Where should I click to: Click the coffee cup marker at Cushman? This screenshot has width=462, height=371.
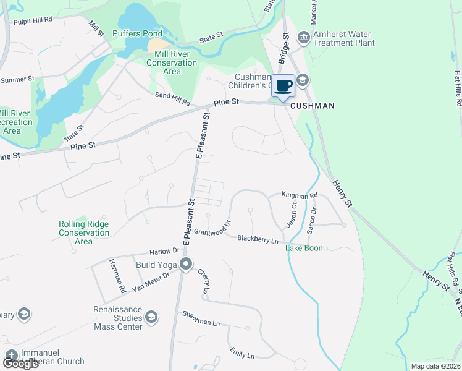(x=283, y=86)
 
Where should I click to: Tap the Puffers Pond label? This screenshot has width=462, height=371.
(x=138, y=33)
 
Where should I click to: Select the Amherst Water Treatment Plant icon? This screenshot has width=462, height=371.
(x=304, y=38)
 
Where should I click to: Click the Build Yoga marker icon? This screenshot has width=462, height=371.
(x=186, y=265)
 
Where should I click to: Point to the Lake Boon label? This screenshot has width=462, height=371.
(x=304, y=248)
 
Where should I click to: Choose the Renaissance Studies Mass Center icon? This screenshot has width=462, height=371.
(x=152, y=317)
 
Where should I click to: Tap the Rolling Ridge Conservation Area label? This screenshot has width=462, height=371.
(x=84, y=232)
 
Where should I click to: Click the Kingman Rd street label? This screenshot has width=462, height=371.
(x=300, y=195)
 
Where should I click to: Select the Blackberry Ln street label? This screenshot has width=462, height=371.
(x=258, y=238)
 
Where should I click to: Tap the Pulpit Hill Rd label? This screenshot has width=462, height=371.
(x=33, y=20)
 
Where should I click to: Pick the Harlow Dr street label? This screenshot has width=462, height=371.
(x=164, y=252)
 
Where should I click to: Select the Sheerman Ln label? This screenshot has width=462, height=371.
(x=201, y=318)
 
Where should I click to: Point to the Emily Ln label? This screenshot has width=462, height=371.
(x=241, y=355)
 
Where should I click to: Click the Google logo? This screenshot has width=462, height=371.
(x=20, y=364)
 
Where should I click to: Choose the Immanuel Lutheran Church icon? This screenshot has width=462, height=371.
(x=11, y=356)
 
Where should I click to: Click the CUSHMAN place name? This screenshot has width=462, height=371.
(x=312, y=106)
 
